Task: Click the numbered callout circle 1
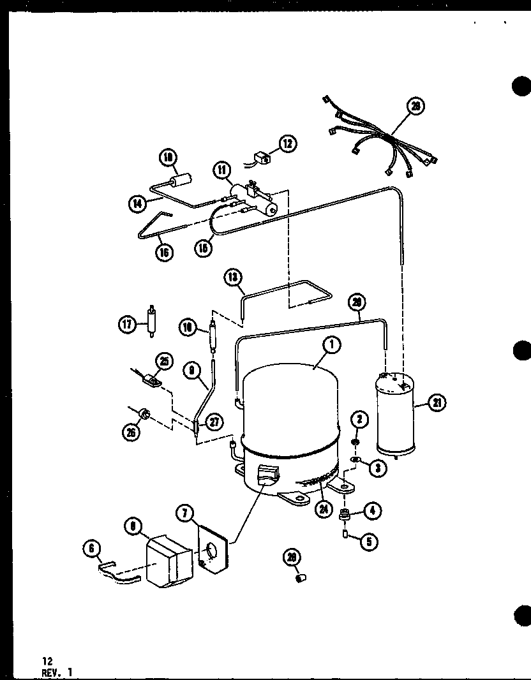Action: [x=332, y=345]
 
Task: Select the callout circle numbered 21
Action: [x=438, y=403]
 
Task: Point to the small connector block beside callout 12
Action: [x=260, y=156]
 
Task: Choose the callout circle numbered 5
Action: [x=368, y=541]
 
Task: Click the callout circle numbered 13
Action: [x=233, y=277]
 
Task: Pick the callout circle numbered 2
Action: [x=359, y=419]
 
